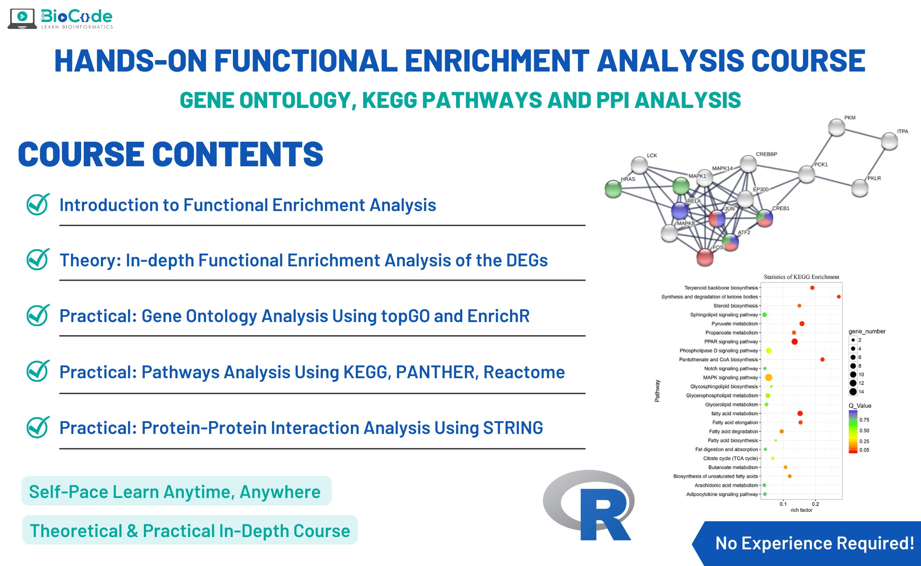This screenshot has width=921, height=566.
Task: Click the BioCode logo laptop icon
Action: click(x=22, y=18)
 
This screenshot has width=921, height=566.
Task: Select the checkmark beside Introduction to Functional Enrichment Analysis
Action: click(x=38, y=204)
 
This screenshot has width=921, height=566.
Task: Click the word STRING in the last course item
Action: click(x=513, y=428)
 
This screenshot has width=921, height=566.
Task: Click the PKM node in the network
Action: click(x=836, y=128)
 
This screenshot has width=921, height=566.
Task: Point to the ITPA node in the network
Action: click(x=889, y=141)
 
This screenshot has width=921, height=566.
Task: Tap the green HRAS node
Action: click(x=613, y=189)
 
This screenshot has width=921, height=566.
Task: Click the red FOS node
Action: click(x=705, y=257)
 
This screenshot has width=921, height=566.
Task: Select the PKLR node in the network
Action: click(x=860, y=188)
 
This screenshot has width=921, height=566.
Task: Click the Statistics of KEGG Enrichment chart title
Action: click(x=801, y=277)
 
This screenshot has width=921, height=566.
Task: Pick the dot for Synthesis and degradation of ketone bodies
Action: click(x=839, y=297)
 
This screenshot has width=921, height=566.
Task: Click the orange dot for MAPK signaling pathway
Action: click(x=768, y=377)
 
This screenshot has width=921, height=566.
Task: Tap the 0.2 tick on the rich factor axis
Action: click(x=815, y=504)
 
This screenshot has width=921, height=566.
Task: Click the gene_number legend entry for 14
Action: click(x=853, y=392)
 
